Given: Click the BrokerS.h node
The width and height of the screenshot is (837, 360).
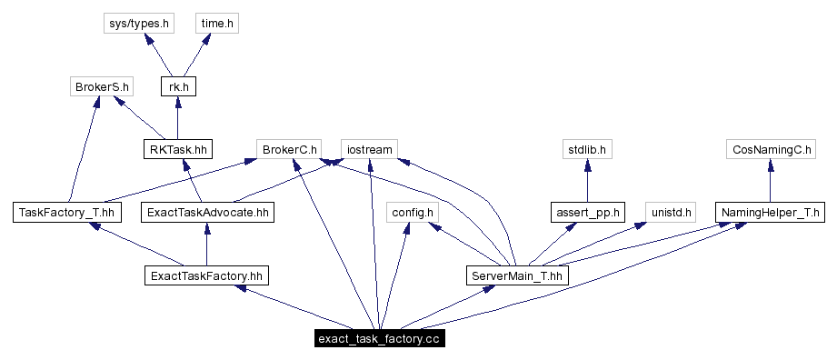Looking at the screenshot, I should [x=101, y=86].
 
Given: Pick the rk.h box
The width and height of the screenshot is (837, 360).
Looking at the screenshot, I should [x=177, y=86].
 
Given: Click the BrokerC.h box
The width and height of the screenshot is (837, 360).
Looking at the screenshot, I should [x=289, y=149].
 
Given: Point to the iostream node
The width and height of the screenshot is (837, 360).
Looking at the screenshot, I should [x=369, y=149].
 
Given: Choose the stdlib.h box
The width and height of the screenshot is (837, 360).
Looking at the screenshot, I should [x=587, y=149].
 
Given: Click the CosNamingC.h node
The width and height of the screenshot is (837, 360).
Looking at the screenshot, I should [x=771, y=149].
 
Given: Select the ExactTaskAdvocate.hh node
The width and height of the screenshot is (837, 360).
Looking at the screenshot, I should [x=206, y=213].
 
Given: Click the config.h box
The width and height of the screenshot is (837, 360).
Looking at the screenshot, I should [x=413, y=213].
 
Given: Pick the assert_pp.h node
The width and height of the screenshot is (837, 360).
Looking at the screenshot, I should [x=587, y=213].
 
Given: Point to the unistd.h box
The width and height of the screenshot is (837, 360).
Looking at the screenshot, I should [x=671, y=213].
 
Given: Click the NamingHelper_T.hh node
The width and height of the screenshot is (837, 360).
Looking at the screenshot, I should [x=771, y=213].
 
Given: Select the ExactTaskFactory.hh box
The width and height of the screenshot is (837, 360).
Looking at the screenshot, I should [x=206, y=275].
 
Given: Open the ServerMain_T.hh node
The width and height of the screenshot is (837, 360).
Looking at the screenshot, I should [x=516, y=275].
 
